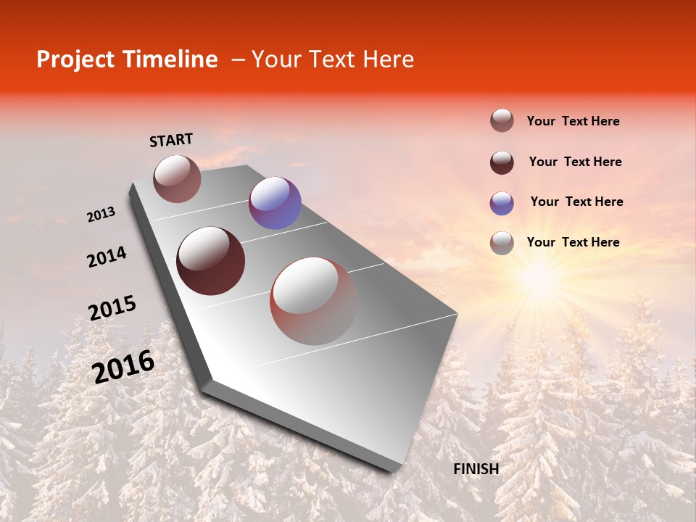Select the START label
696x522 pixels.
pos(171,140)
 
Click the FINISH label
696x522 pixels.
pos(476,469)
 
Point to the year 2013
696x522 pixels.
pos(101,215)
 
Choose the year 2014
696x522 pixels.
pos(107,257)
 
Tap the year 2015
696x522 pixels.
pos(112,308)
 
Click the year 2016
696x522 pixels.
pos(123,367)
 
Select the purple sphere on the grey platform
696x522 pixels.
pos(275,203)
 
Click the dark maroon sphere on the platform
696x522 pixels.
pos(211,261)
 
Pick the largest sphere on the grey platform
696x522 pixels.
pos(314,301)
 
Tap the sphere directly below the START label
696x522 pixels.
pos(177,178)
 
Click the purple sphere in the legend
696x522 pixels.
pos(502,203)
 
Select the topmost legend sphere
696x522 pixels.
pos(502,121)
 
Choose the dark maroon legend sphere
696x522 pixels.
pos(502,162)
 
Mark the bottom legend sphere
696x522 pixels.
pos(502,243)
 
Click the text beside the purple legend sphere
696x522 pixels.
pos(576,202)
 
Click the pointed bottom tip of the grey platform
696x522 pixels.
pos(391,470)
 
